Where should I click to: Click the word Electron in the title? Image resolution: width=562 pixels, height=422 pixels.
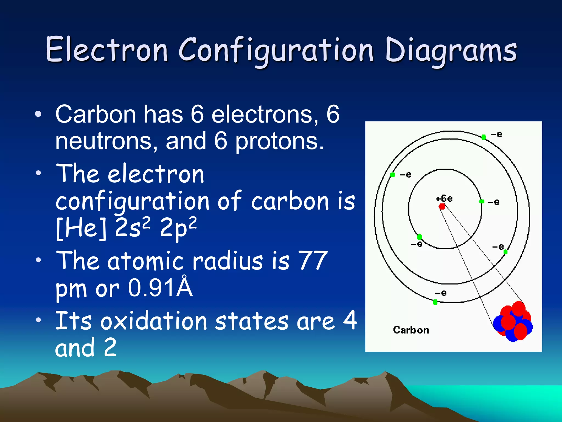(106, 50)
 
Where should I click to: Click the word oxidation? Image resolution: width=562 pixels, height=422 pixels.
(154, 321)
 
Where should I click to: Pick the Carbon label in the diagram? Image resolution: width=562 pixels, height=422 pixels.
(411, 330)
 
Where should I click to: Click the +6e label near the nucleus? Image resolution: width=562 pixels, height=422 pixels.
(444, 198)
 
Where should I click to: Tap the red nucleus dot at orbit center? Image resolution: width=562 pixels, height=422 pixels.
(442, 206)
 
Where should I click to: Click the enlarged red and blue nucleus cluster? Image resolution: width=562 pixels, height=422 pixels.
(513, 322)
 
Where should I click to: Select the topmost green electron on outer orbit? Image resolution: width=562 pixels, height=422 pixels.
(484, 137)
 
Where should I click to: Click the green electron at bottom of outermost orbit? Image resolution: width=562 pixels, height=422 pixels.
(435, 302)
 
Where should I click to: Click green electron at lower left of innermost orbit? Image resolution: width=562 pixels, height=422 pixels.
(419, 237)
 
